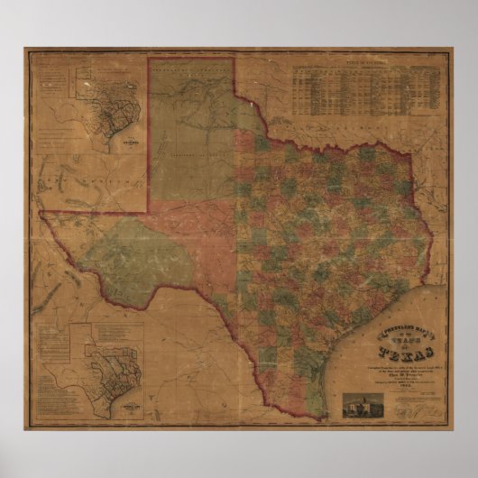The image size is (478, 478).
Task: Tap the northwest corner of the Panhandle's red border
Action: [150, 61]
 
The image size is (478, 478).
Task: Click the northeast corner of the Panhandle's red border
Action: [234, 61]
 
